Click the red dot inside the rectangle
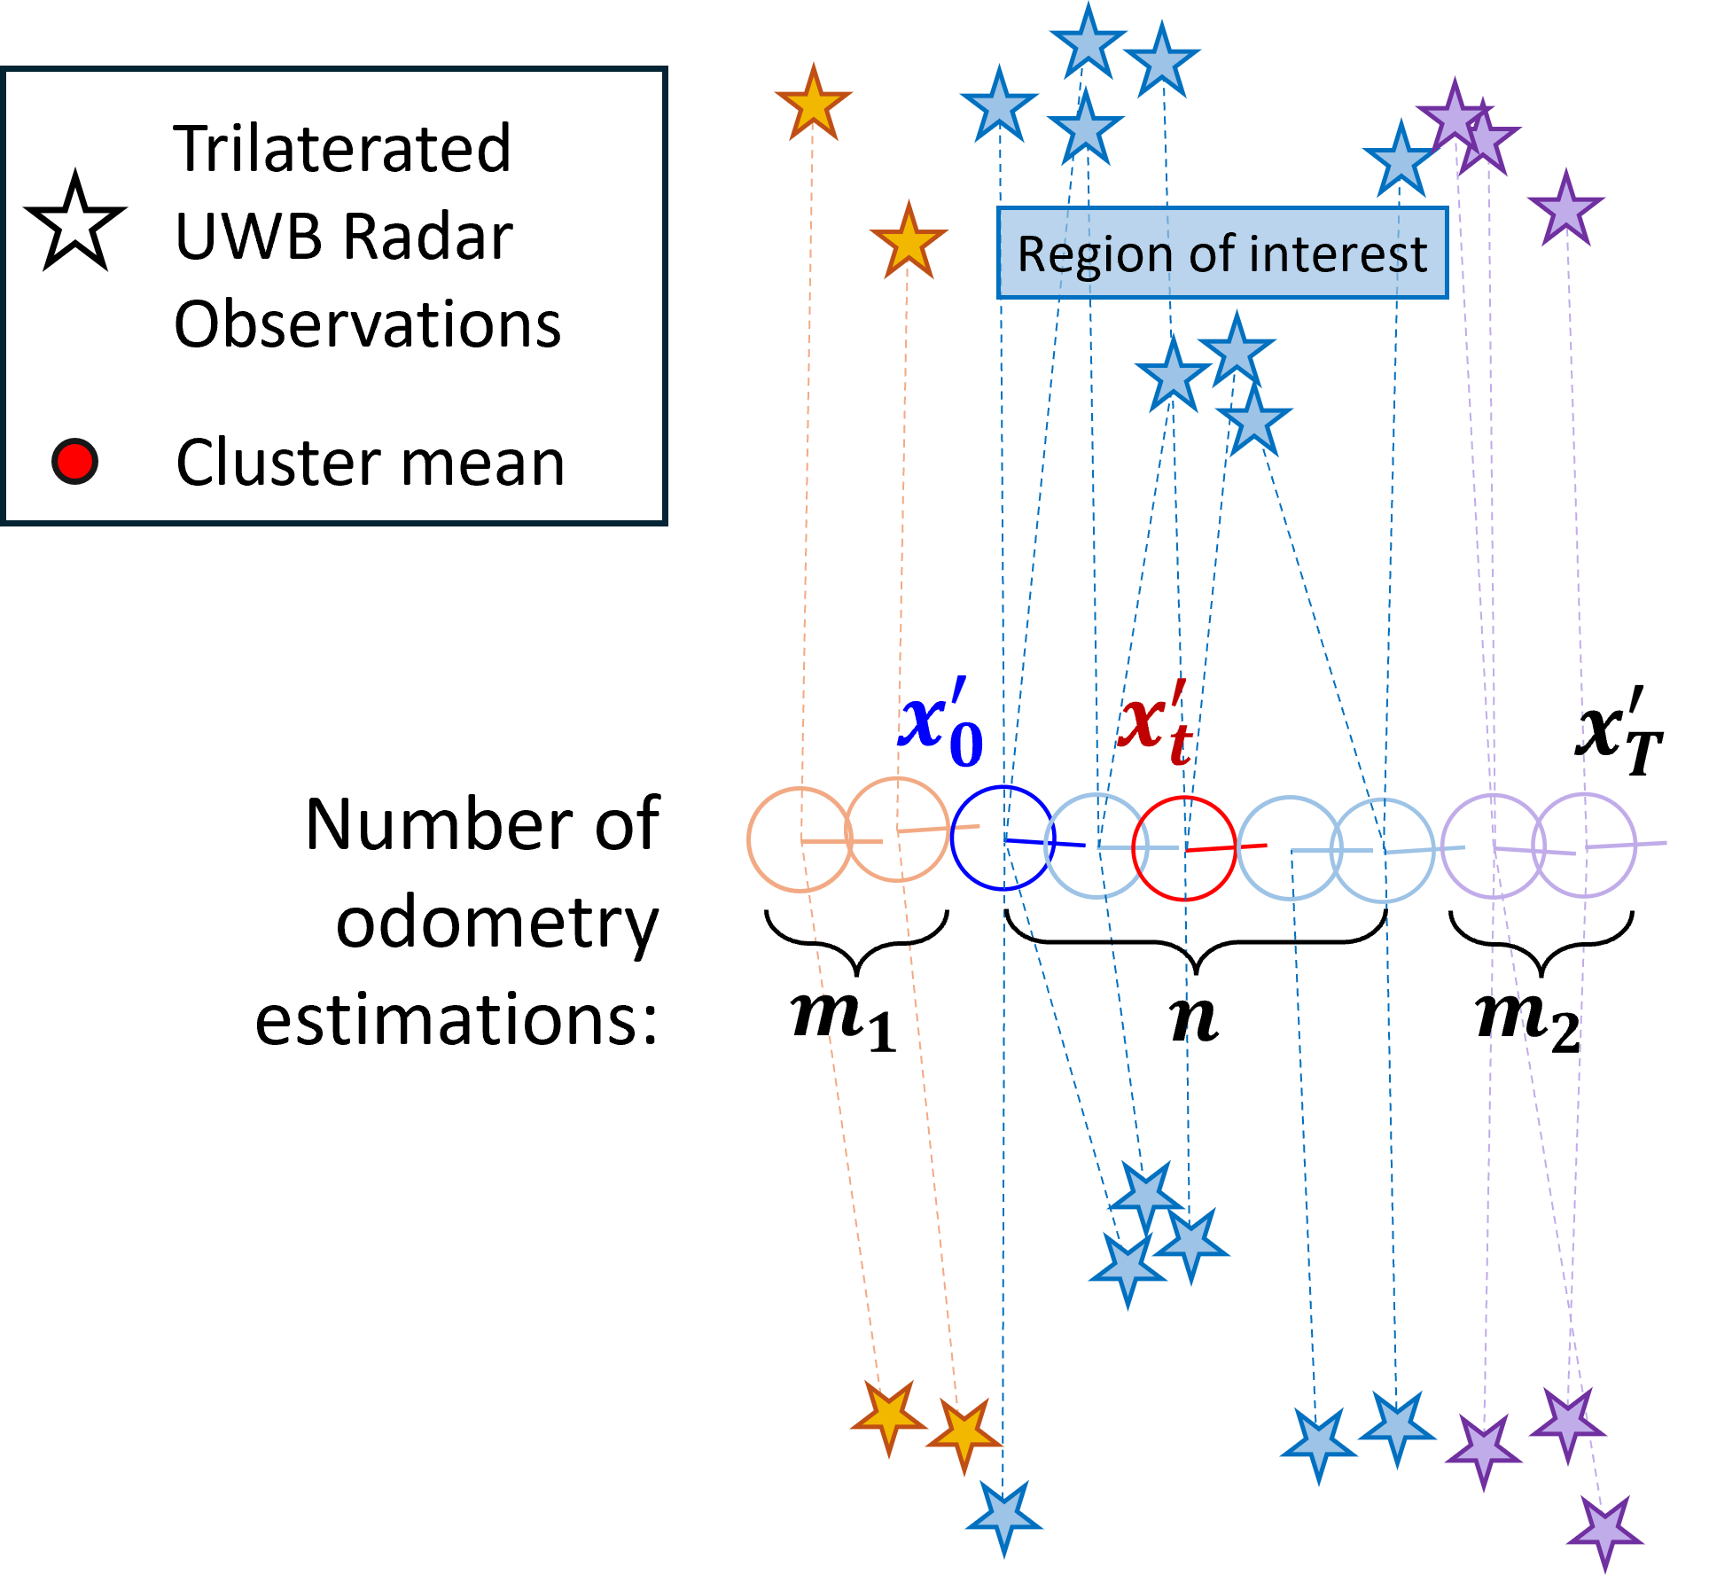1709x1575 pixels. (x=74, y=461)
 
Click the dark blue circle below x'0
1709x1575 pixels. (x=1003, y=838)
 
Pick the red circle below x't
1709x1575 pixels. (x=1183, y=848)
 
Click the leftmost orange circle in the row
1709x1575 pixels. (x=800, y=838)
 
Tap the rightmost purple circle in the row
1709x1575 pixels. (x=1584, y=846)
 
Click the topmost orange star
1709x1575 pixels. (x=813, y=105)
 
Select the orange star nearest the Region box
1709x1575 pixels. (x=909, y=242)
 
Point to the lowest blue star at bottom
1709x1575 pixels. (x=1003, y=1517)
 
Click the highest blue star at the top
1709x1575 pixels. (x=1088, y=43)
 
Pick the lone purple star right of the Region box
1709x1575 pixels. (x=1565, y=210)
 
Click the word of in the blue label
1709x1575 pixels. (x=1211, y=254)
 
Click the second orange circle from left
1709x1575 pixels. (x=897, y=830)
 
